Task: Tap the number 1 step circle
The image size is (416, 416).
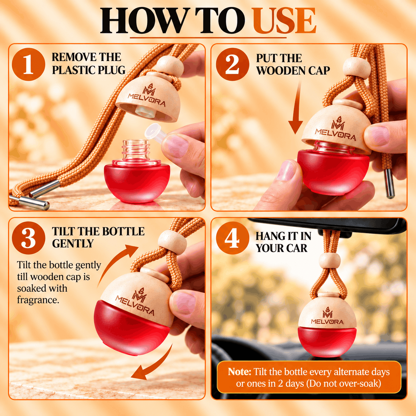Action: (x=28, y=64)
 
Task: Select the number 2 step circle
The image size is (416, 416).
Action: (x=232, y=64)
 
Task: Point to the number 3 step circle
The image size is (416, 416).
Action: (x=28, y=238)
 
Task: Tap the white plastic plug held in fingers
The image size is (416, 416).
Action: (x=156, y=134)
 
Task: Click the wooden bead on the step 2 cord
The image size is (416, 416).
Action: (x=357, y=67)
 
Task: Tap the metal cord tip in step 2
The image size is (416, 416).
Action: (x=389, y=184)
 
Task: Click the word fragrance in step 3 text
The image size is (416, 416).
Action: (x=38, y=300)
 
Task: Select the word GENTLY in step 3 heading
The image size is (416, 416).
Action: (x=72, y=243)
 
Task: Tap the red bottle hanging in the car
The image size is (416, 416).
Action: (x=327, y=341)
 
